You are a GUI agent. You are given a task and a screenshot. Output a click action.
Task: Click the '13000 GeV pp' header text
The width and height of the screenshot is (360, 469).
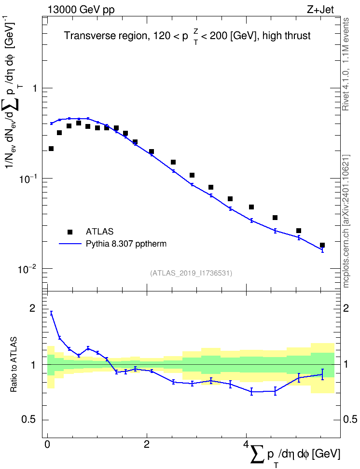click(81, 10)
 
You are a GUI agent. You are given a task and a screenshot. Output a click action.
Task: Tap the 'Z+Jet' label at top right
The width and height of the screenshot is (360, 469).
click(320, 10)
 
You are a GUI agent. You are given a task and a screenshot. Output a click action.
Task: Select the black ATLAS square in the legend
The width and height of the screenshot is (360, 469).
click(70, 232)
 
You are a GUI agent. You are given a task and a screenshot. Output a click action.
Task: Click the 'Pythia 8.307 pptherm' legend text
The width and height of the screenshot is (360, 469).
click(126, 244)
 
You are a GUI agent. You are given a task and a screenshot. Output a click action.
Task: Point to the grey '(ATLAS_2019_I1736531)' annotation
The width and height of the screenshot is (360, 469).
click(191, 273)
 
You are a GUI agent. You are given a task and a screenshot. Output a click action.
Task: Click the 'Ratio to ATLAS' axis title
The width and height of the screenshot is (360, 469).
click(14, 365)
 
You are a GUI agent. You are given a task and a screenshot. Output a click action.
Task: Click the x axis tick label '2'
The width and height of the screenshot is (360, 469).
click(147, 444)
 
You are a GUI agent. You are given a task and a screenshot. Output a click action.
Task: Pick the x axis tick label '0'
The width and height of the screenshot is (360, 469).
click(47, 444)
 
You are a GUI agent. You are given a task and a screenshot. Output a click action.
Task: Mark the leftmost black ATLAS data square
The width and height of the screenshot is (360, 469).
click(51, 149)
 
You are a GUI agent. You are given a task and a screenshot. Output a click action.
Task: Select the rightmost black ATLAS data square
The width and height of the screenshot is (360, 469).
click(322, 245)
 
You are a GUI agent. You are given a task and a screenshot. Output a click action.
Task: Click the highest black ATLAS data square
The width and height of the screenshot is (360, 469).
click(79, 123)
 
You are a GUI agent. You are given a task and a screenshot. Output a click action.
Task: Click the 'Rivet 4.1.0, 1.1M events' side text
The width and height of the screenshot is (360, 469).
click(346, 64)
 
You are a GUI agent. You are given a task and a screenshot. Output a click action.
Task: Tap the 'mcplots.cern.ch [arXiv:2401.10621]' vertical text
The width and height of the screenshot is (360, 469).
click(346, 221)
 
